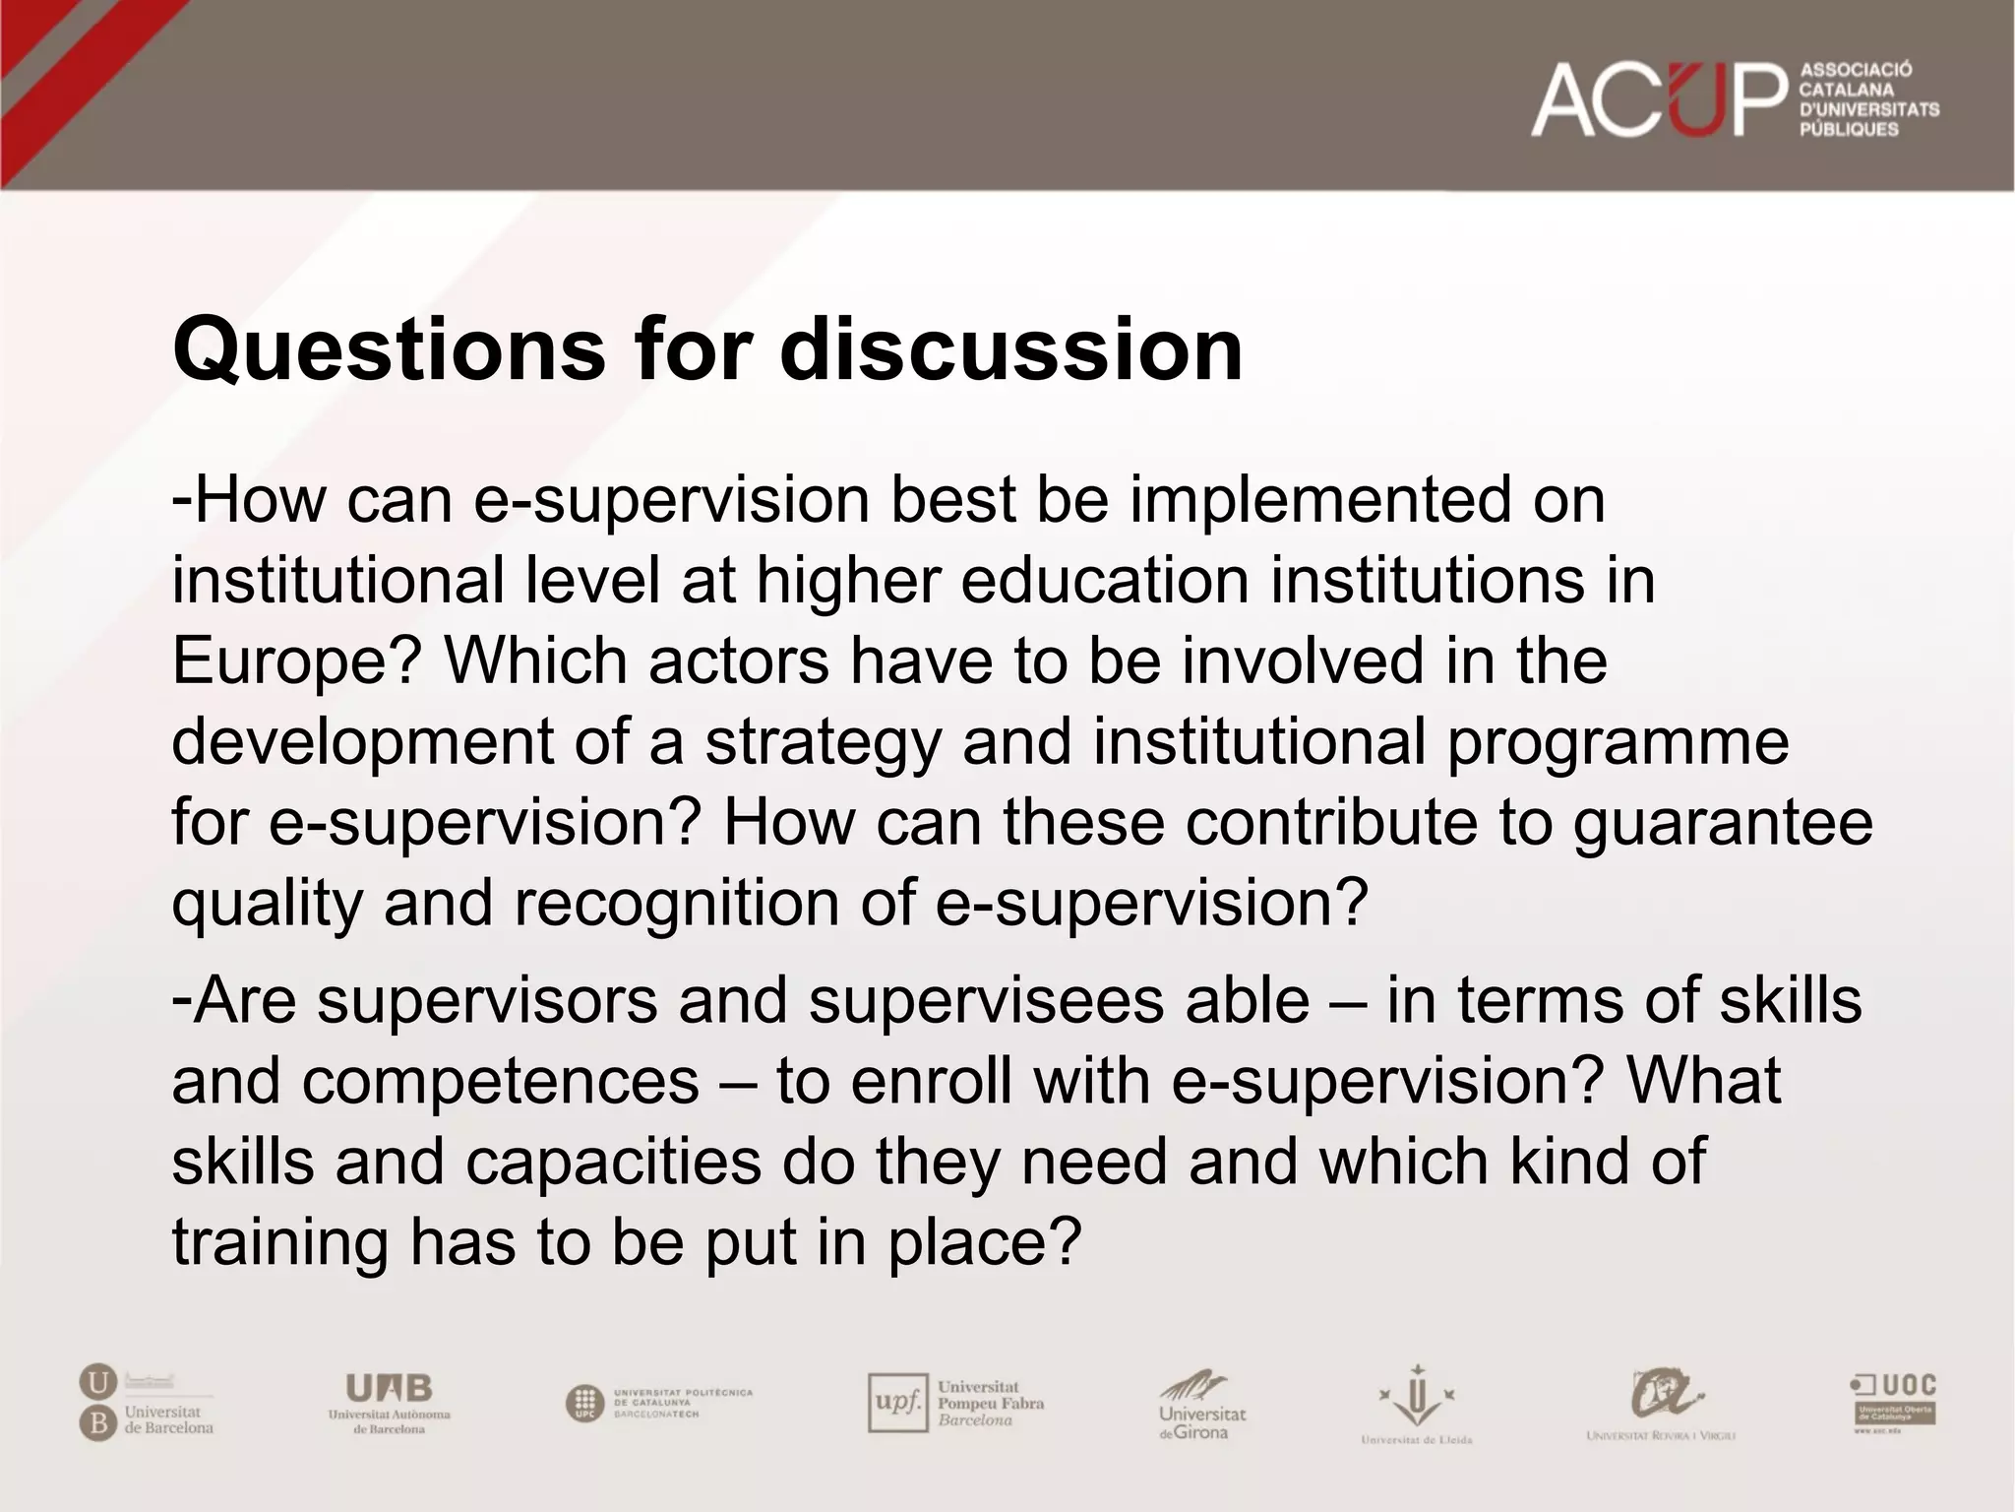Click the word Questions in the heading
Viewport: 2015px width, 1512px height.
tap(389, 350)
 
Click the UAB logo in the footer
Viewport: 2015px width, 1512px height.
tap(389, 1402)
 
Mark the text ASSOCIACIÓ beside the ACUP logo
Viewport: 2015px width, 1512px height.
tap(1856, 71)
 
